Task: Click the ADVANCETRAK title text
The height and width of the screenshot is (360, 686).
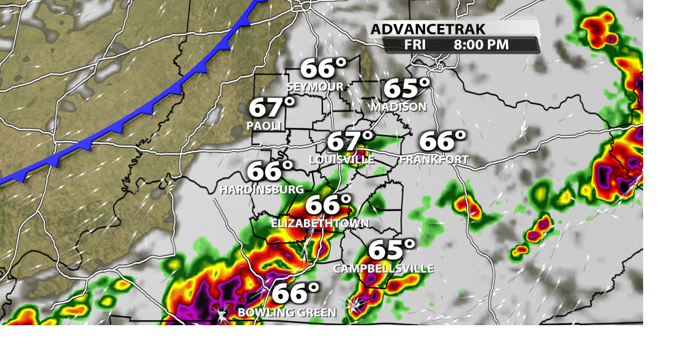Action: [x=428, y=29]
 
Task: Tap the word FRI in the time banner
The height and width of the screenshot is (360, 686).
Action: [x=415, y=45]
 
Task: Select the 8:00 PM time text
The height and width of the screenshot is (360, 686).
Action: [x=481, y=45]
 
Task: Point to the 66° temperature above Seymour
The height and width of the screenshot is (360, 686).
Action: [x=323, y=69]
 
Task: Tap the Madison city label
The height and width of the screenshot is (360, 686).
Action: [x=399, y=107]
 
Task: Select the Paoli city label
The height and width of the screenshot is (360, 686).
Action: [x=264, y=126]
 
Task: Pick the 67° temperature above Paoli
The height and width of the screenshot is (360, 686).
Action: [x=272, y=108]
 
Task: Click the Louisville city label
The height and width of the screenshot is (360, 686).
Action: [x=342, y=160]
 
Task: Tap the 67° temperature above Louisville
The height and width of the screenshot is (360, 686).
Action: [x=350, y=141]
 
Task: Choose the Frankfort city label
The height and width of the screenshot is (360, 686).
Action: [x=434, y=160]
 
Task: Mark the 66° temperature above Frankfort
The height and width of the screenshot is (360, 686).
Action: [x=442, y=141]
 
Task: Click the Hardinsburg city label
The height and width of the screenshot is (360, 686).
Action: [x=262, y=190]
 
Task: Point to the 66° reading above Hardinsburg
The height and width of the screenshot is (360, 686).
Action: [x=270, y=171]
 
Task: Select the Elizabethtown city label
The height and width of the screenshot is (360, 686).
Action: [x=319, y=223]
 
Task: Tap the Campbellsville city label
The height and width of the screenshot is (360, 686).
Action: [x=383, y=268]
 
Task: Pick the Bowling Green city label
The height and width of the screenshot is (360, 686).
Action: [x=287, y=312]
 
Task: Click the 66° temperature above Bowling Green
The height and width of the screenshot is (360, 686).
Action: [x=295, y=294]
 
